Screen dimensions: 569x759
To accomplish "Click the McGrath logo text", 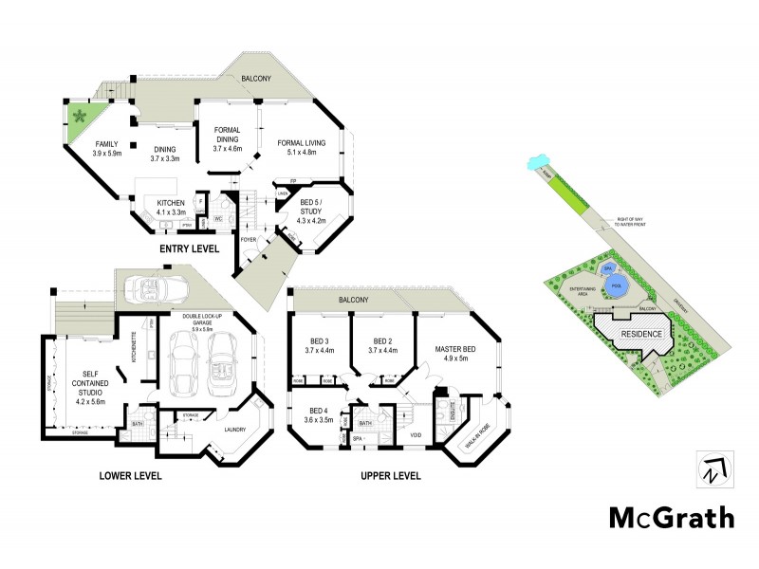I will pos(671,518).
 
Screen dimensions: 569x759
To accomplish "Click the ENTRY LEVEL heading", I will pos(189,248).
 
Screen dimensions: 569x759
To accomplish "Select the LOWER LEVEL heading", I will pos(130,475).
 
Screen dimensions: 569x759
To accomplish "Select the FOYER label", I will pos(249,239).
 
